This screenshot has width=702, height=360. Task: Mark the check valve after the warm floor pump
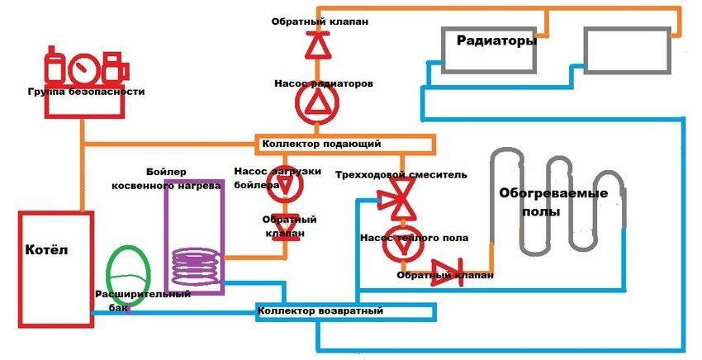447,272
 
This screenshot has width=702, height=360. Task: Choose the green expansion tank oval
128,272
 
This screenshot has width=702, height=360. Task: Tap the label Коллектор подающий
321,144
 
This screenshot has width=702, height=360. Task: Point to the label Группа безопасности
85,92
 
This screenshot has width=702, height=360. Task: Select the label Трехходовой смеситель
401,175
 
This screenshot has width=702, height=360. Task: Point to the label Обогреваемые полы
553,202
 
